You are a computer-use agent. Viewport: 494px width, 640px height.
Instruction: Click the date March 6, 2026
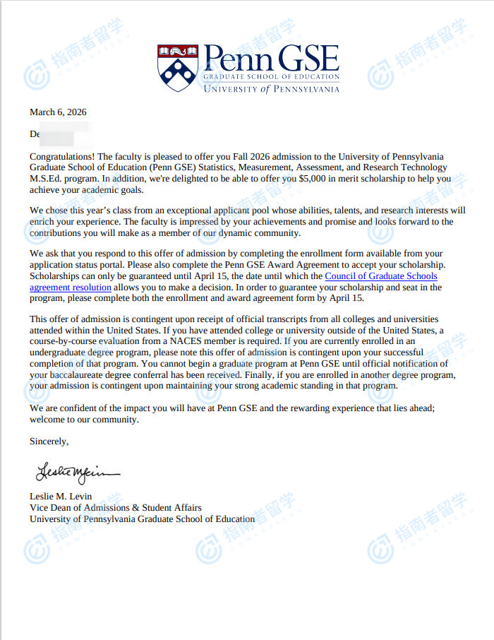(58, 112)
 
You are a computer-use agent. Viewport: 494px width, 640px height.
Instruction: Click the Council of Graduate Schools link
(381, 276)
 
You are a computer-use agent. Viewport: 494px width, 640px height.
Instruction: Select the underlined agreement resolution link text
(71, 288)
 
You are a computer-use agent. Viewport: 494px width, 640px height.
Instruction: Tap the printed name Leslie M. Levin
(61, 496)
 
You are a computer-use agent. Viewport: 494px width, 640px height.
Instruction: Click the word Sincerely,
(49, 442)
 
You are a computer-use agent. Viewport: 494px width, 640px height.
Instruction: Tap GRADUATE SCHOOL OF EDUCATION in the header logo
(271, 76)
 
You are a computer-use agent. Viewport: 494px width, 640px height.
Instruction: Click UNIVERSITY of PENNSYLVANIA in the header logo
(271, 89)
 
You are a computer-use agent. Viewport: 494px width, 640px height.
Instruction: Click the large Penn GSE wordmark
(271, 58)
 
